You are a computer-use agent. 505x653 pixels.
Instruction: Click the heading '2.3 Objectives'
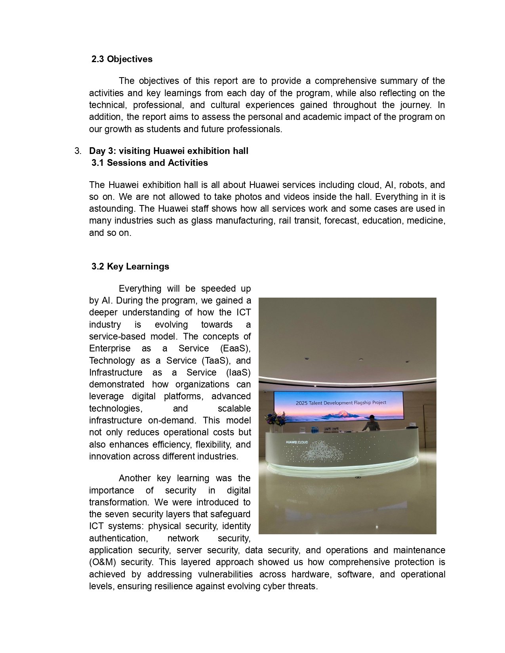pos(122,59)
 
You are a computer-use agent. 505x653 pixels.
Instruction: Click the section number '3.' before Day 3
pos(78,151)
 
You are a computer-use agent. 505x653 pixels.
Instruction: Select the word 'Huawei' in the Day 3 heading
pos(169,151)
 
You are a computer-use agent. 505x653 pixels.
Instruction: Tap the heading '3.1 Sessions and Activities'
pos(149,163)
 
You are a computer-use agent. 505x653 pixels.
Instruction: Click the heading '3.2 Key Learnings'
pos(130,266)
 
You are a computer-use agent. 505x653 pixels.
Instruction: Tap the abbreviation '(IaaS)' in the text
pos(238,372)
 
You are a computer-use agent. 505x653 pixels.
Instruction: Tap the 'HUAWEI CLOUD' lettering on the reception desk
pos(297,442)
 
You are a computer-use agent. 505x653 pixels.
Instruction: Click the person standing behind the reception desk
pos(372,423)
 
